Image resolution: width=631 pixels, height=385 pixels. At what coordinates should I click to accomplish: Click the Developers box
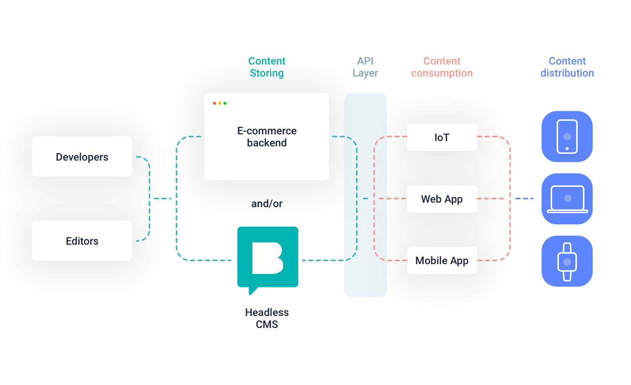[82, 156]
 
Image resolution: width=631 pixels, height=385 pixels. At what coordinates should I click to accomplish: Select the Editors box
[82, 241]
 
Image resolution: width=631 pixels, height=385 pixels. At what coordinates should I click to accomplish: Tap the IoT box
[442, 137]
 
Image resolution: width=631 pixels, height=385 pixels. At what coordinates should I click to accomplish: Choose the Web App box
[442, 199]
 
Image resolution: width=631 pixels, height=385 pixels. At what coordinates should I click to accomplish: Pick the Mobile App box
[442, 260]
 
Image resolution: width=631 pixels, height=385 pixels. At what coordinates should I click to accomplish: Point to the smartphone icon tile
[567, 137]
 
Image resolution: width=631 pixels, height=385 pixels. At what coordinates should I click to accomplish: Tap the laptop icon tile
[567, 199]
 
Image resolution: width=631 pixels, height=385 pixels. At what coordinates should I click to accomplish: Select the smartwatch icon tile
[567, 261]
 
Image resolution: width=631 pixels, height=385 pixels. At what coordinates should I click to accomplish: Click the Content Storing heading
[267, 67]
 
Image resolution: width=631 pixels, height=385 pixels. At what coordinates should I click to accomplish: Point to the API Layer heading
[365, 67]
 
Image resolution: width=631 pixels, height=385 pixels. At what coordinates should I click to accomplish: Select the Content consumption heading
[442, 67]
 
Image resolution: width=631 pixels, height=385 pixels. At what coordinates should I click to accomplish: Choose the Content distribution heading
[567, 67]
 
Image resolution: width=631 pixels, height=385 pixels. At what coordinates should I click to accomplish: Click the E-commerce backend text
[267, 137]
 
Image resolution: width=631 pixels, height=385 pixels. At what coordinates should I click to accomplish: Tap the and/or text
[267, 203]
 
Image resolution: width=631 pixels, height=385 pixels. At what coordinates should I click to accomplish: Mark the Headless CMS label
[267, 318]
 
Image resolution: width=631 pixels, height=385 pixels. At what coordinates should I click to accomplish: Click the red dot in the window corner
[214, 103]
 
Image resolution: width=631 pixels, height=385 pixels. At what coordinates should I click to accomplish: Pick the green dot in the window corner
[225, 103]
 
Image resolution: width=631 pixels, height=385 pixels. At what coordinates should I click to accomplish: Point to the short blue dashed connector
[524, 199]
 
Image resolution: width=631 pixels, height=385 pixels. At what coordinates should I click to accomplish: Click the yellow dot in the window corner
[220, 103]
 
